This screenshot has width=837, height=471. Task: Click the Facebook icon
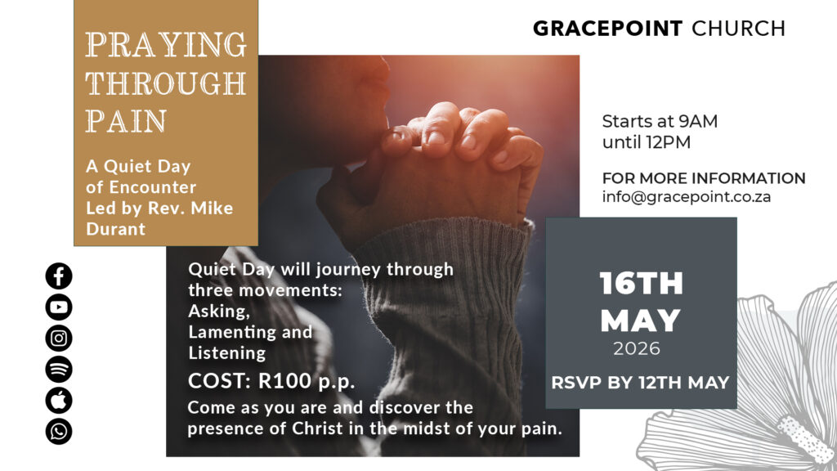coord(59,276)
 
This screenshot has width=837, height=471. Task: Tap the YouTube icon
coord(59,307)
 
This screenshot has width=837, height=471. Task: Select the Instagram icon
coord(59,338)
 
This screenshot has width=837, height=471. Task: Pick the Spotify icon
coord(59,369)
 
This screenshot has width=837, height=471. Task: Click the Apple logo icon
coord(59,400)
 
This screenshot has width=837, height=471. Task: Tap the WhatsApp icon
coord(59,431)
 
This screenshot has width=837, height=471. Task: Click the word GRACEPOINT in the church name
coord(607,29)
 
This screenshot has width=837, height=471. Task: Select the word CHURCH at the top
coord(738,29)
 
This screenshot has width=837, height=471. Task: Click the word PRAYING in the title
coord(166,45)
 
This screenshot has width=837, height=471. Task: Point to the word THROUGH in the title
coord(166,83)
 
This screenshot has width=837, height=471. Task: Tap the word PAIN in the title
coord(126,121)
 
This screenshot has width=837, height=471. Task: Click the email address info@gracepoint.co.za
coord(687,197)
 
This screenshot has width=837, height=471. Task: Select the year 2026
coord(636,348)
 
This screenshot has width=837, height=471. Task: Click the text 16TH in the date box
coord(641,284)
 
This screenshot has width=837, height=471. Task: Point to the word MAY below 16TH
coord(640,321)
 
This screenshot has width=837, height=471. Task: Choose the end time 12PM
coord(666,142)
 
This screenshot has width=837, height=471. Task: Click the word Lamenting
coord(232,332)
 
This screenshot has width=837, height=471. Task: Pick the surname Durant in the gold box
coord(116,229)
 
